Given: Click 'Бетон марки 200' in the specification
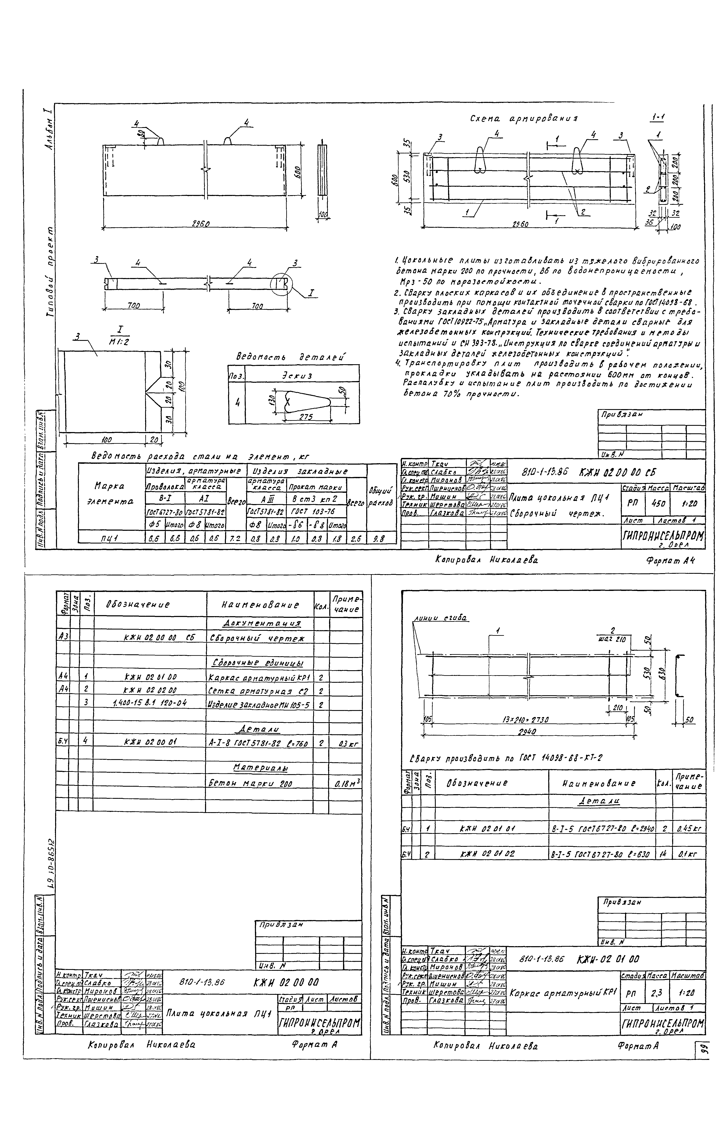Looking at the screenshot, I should [251, 783].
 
